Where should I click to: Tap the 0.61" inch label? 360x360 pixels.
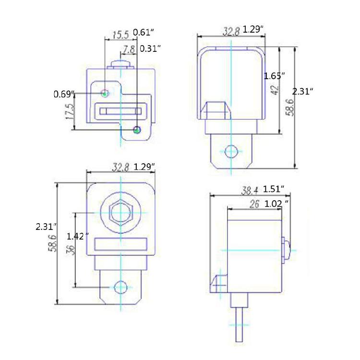[144, 33]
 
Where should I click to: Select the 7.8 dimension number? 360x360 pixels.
[129, 49]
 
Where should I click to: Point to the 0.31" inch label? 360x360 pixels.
[150, 48]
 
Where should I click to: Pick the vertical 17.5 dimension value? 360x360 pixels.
[71, 112]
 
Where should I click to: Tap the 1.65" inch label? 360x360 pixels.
[275, 76]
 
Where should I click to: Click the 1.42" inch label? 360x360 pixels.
[77, 236]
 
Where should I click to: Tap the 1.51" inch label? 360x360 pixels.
[274, 189]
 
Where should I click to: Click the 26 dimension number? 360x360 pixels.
[254, 204]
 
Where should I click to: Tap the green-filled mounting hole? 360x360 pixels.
[137, 130]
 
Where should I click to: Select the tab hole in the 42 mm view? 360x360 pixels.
[231, 151]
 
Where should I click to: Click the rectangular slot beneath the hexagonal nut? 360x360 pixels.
[120, 244]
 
